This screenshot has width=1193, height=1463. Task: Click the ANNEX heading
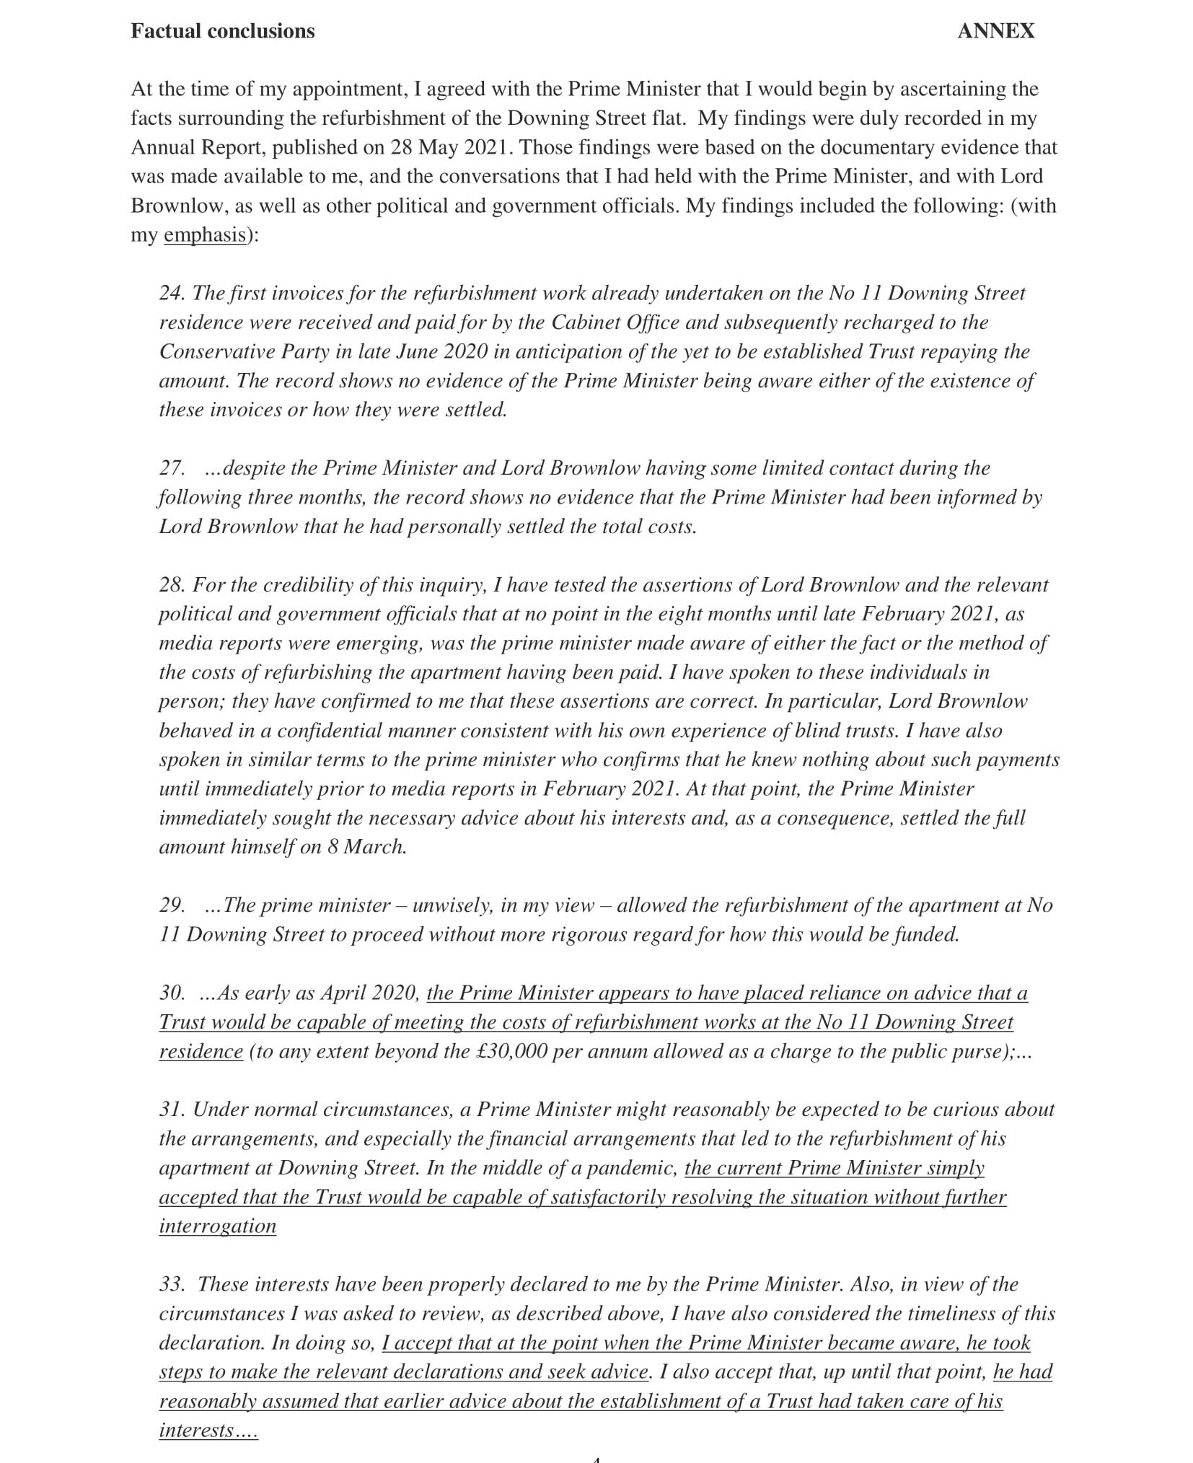[x=995, y=31]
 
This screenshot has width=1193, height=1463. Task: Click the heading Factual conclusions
[x=223, y=31]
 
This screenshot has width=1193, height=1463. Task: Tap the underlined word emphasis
[x=205, y=235]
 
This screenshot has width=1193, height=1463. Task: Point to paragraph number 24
[x=172, y=293]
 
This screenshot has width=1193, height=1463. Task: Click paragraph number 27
[x=172, y=468]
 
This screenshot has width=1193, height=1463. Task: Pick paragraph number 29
[x=172, y=905]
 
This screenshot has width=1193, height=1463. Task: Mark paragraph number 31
[x=172, y=1110]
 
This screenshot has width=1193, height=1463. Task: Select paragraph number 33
[x=172, y=1285]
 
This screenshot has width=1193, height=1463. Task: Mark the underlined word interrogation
[x=217, y=1226]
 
